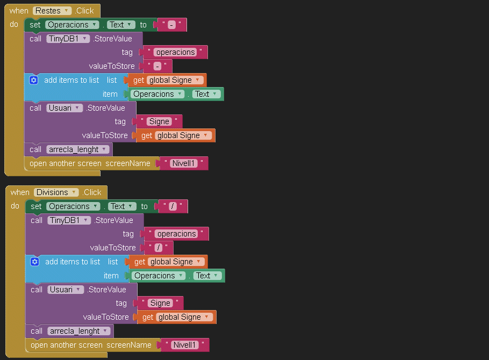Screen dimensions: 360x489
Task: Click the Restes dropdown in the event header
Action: tap(52, 11)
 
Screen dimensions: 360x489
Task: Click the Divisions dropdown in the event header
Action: tap(56, 192)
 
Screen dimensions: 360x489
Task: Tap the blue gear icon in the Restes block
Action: tap(34, 80)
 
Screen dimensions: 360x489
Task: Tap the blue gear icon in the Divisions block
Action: tap(35, 262)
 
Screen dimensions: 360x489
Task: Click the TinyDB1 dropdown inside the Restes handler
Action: tap(68, 39)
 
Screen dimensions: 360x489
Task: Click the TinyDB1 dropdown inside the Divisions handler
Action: tap(69, 220)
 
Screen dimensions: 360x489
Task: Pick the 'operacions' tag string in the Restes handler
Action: tap(176, 52)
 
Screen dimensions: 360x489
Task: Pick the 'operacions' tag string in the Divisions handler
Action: tap(177, 234)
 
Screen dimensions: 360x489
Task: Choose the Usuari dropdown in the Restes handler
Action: tap(64, 108)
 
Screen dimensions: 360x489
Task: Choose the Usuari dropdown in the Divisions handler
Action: tap(65, 290)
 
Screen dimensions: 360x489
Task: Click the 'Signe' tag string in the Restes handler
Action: tap(159, 121)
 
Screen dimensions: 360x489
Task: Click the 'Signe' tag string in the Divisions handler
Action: tap(160, 303)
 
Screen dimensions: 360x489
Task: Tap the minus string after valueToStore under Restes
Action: tap(157, 66)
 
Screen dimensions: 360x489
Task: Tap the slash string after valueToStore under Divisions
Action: tap(159, 248)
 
